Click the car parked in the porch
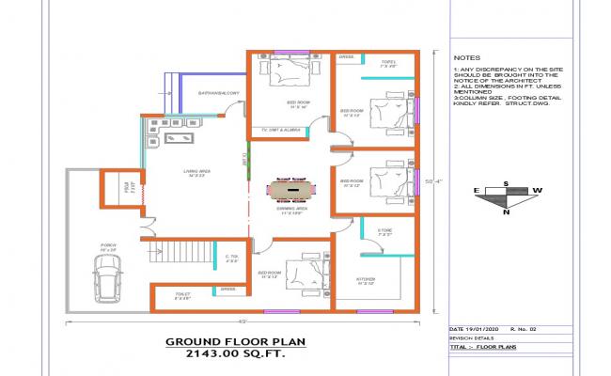[108, 277]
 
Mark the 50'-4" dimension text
[435, 181]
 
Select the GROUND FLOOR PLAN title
[225, 342]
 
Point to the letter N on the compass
[506, 212]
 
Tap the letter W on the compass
[538, 191]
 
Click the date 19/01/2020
[480, 328]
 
